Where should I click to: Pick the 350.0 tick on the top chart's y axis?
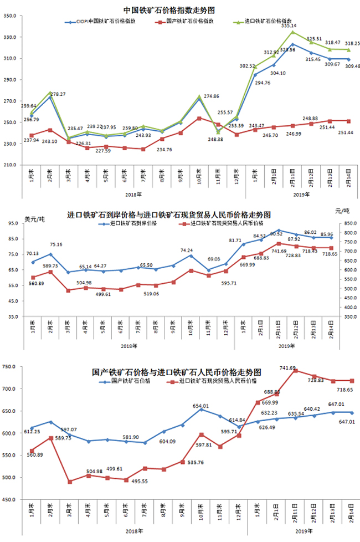point(11,16)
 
